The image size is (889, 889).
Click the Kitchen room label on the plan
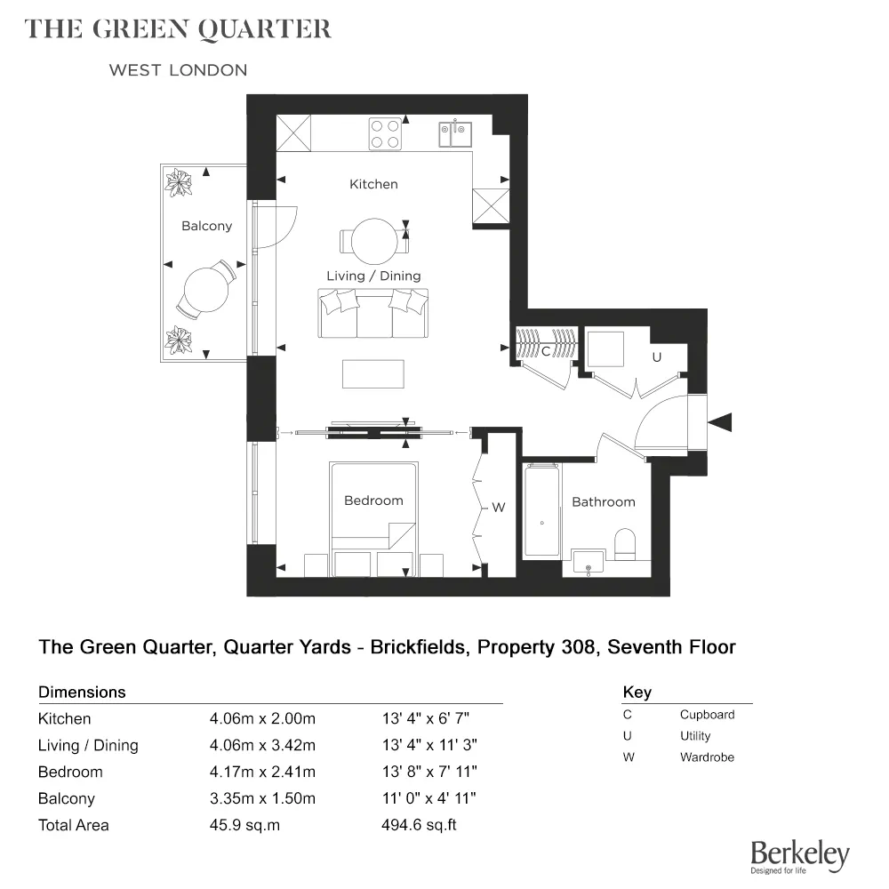(x=373, y=184)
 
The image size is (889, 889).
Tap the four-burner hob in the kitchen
(x=385, y=133)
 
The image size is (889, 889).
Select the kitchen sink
(x=455, y=134)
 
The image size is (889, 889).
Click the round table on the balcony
(x=205, y=290)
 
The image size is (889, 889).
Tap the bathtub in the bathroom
(x=542, y=513)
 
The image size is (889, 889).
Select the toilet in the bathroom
(x=626, y=542)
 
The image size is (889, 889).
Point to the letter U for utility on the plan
(x=657, y=356)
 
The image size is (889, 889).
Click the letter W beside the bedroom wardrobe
(x=498, y=508)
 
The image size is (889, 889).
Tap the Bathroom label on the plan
(x=604, y=502)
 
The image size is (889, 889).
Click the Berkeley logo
(x=799, y=856)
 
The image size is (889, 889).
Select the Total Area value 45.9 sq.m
(x=244, y=825)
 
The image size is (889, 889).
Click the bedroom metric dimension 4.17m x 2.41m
(x=262, y=772)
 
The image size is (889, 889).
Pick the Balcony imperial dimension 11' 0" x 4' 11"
(x=428, y=798)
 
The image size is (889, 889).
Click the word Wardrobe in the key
(x=707, y=757)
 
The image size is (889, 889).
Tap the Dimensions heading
(x=82, y=692)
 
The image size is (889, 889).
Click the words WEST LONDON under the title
(x=178, y=70)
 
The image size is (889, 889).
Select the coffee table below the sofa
(x=373, y=373)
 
